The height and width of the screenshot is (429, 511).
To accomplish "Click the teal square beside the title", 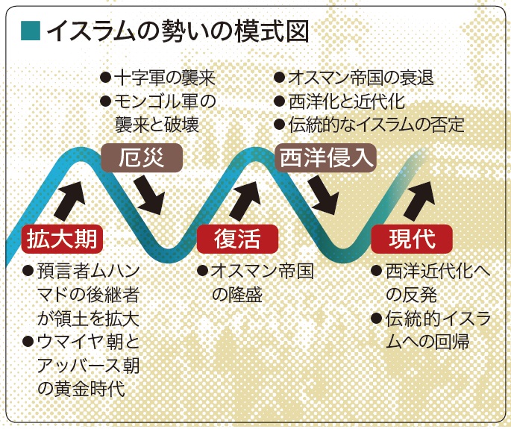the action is [31, 31].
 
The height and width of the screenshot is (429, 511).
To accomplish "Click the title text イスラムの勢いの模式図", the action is [178, 31].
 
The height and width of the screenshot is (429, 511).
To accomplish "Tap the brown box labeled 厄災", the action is [142, 157].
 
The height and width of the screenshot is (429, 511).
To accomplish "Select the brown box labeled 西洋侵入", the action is [326, 157].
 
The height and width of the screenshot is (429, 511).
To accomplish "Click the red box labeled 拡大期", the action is [62, 239].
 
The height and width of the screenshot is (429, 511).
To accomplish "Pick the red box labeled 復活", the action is [237, 239].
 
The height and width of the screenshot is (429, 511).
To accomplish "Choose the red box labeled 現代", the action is [412, 239].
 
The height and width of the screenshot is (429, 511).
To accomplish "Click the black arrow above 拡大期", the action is [70, 201].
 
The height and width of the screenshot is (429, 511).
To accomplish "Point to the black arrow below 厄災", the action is [148, 195].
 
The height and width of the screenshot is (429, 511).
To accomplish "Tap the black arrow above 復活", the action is [245, 201].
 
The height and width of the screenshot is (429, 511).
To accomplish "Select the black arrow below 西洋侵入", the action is [322, 195].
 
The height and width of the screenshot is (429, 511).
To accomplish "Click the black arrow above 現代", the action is [420, 201].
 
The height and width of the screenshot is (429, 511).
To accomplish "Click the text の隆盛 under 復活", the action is [237, 295].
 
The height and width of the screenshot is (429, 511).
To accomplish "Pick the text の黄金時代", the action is [81, 389].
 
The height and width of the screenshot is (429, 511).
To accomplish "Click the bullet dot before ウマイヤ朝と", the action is [28, 342].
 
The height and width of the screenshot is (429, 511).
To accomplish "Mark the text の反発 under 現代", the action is [411, 295].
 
